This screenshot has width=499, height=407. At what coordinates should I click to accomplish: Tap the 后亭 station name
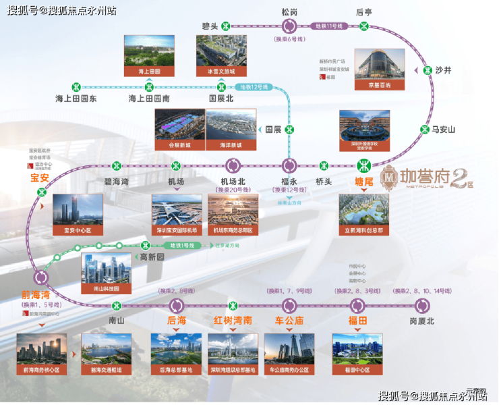[364, 11]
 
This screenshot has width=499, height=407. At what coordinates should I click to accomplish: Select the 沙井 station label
[443, 70]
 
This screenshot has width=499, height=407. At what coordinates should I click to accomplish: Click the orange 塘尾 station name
[364, 181]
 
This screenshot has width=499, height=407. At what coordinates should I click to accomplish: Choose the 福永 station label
[289, 181]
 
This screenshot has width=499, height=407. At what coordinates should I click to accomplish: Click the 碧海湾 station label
[117, 181]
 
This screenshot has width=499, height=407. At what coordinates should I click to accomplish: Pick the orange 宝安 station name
[40, 178]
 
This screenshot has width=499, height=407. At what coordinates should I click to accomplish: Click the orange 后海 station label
[177, 321]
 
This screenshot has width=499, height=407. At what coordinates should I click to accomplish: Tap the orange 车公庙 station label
[289, 321]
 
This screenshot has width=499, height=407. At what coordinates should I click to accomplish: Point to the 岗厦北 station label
[422, 321]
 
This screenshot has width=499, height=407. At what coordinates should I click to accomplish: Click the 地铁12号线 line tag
[256, 87]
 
